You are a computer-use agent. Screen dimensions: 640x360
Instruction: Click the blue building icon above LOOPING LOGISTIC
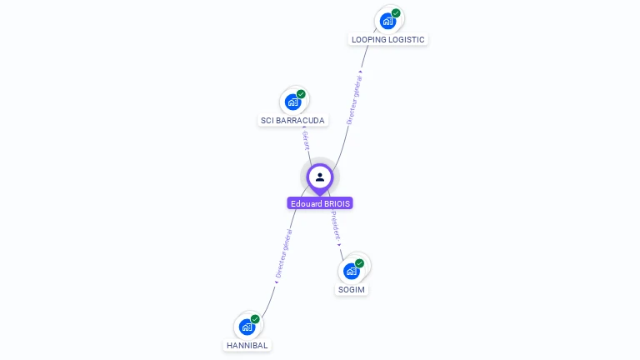[387, 21]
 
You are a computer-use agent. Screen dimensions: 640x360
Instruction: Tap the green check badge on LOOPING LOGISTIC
[396, 13]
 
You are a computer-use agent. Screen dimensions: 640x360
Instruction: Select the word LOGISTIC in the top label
[406, 40]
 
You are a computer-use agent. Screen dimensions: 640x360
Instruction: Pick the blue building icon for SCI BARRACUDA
[292, 102]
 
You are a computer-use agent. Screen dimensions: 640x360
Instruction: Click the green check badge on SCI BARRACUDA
[301, 94]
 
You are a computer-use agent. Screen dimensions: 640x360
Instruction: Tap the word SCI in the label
[267, 120]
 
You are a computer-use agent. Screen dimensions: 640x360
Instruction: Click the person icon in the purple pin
[320, 177]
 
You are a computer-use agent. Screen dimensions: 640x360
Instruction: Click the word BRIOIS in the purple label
[337, 203]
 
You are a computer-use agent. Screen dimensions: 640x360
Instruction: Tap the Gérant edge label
[306, 140]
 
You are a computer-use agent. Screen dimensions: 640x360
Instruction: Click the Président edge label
[336, 225]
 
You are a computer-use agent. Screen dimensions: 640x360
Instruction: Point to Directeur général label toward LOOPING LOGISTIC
[354, 100]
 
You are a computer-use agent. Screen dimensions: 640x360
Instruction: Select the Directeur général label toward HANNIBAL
[284, 253]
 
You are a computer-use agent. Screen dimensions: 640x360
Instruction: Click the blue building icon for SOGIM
[352, 271]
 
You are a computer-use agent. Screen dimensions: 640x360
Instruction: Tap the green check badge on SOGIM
[359, 263]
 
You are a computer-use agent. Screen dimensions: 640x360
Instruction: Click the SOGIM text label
[352, 290]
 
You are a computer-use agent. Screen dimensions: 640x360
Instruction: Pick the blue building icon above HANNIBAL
[247, 327]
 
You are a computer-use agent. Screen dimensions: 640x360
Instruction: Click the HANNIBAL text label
[247, 345]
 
